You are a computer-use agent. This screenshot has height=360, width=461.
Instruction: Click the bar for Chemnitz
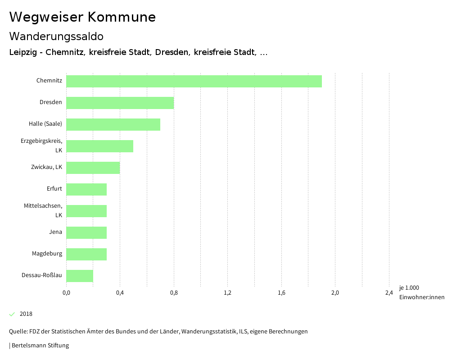(x=194, y=81)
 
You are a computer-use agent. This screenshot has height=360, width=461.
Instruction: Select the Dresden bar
(x=120, y=103)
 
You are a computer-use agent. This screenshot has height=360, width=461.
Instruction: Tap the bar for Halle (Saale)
(x=113, y=124)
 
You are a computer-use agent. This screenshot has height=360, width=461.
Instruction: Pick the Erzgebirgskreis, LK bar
(x=99, y=146)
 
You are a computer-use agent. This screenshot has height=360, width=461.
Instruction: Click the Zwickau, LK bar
(x=93, y=168)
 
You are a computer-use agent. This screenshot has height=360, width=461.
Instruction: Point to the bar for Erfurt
(x=86, y=189)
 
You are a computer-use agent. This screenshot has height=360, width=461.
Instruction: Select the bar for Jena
(x=86, y=232)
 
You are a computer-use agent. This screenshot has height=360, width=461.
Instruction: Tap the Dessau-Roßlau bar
(x=80, y=276)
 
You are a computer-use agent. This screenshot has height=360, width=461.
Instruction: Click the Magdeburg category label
(x=47, y=254)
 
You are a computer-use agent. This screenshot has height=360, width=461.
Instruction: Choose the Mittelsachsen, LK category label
(x=43, y=210)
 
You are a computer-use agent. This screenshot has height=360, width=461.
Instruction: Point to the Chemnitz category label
(x=49, y=81)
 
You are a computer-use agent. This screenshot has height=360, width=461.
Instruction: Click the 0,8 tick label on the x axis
(x=174, y=293)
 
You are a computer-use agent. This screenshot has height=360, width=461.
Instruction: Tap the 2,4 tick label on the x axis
(x=389, y=293)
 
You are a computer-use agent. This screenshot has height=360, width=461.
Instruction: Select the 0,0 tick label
(x=66, y=293)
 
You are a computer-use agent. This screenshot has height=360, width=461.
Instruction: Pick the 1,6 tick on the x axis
(x=281, y=293)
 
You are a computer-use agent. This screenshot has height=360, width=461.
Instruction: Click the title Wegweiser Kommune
(x=82, y=17)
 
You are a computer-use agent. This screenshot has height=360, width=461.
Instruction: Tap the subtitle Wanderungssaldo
(x=56, y=36)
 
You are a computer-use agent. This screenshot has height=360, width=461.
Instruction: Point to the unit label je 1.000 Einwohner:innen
(x=421, y=292)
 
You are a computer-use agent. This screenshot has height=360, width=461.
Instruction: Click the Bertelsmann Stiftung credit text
(x=39, y=346)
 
